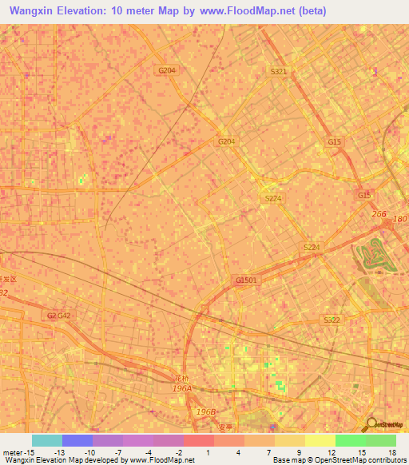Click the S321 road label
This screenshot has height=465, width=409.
[x=278, y=71]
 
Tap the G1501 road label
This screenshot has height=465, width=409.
[x=247, y=280]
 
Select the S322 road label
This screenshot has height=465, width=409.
[x=332, y=320]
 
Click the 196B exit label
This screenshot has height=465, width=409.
[x=207, y=411]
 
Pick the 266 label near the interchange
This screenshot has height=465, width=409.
[x=379, y=214]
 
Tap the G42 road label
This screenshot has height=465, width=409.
[x=65, y=316]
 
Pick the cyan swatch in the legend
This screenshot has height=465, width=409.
[x=46, y=440]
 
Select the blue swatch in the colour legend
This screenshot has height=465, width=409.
[x=77, y=440]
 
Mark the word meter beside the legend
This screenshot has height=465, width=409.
[x=13, y=451]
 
